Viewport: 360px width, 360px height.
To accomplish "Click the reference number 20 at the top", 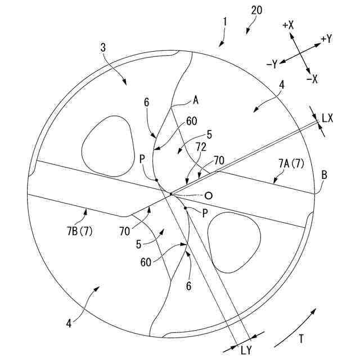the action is pyautogui.click(x=257, y=10).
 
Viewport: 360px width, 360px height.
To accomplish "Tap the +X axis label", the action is pyautogui.click(x=289, y=25).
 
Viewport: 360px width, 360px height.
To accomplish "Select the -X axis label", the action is pyautogui.click(x=312, y=79).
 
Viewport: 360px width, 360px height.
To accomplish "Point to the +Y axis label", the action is pyautogui.click(x=326, y=39).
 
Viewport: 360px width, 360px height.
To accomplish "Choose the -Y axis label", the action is pyautogui.click(x=272, y=65).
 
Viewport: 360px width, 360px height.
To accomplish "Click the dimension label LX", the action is pyautogui.click(x=328, y=118).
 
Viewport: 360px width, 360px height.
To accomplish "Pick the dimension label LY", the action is pyautogui.click(x=245, y=350).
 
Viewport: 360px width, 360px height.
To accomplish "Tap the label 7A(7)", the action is pyautogui.click(x=291, y=164).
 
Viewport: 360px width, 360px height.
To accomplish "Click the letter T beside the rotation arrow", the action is pyautogui.click(x=301, y=339).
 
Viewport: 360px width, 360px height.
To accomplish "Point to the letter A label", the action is pyautogui.click(x=196, y=100).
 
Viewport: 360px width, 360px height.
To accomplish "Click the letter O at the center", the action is pyautogui.click(x=209, y=196).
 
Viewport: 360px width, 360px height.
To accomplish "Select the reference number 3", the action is pyautogui.click(x=103, y=48).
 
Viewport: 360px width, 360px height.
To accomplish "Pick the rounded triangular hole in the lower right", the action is pyautogui.click(x=233, y=239).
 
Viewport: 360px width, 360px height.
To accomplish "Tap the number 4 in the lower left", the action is pyautogui.click(x=69, y=323).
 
